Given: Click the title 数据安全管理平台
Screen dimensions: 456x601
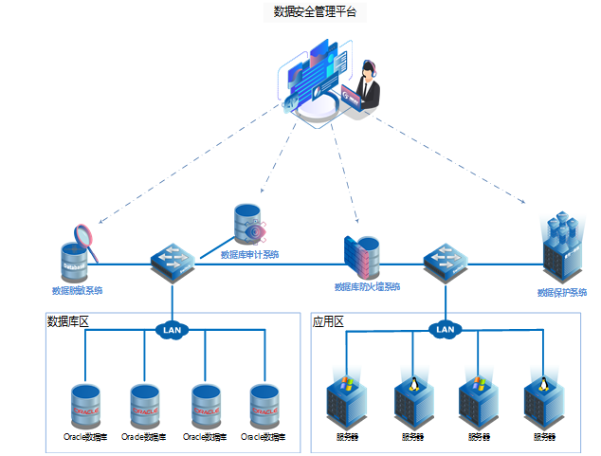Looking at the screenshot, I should click(x=315, y=11).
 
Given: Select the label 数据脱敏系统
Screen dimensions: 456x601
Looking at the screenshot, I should click(x=78, y=291).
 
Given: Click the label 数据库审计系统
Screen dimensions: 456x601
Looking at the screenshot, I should click(x=249, y=254).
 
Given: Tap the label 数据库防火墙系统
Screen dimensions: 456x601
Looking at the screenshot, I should click(x=367, y=286).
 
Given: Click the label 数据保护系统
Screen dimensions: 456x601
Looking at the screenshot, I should click(x=562, y=293).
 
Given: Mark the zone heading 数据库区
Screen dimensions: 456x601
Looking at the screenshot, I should click(x=68, y=321).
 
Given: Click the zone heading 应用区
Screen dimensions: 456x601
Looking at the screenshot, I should click(x=328, y=322).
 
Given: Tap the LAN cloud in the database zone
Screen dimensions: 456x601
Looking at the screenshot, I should click(x=173, y=331).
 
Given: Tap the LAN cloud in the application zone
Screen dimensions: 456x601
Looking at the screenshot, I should click(x=446, y=330).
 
